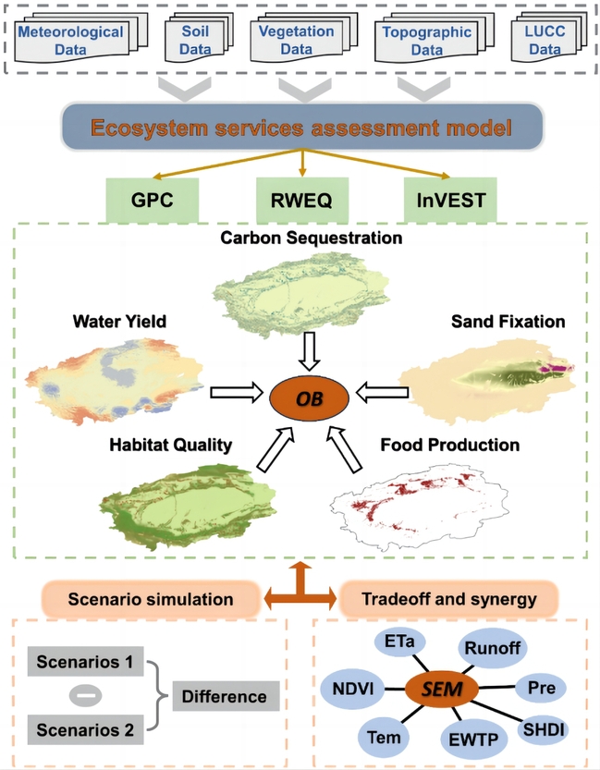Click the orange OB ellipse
308,397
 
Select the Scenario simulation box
150,599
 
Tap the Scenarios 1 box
84,662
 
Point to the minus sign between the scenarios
84,696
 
